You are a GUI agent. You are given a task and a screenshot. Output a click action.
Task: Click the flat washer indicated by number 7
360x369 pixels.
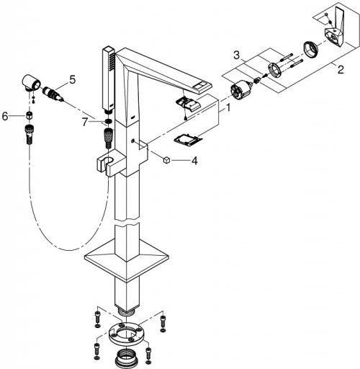coord(107,120)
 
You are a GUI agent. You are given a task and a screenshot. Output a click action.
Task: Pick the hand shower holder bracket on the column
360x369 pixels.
coord(107,164)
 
